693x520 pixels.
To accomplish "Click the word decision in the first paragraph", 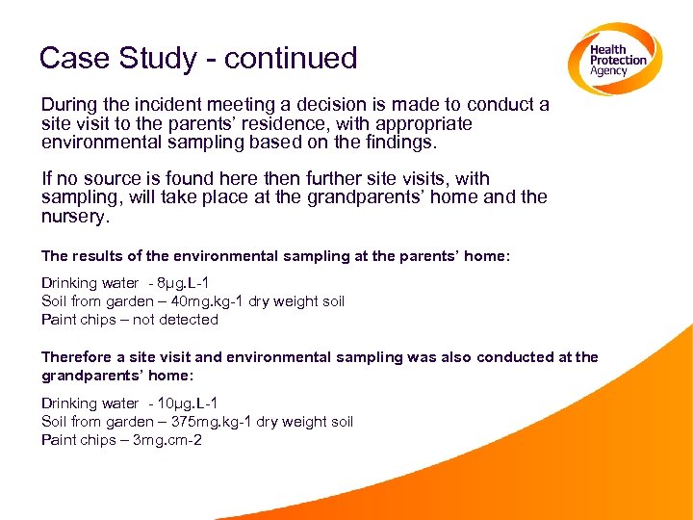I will (318, 105).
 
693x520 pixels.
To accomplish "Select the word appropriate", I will (414, 124).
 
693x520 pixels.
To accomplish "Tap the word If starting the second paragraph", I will (47, 179).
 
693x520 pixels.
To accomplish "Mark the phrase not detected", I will (175, 320).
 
